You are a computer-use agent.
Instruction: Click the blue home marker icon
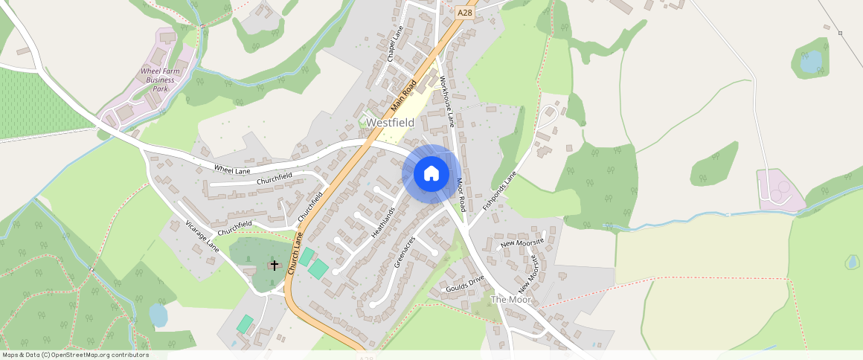(431, 173)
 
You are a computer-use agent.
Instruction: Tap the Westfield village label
(391, 122)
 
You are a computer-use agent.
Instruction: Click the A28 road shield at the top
(465, 13)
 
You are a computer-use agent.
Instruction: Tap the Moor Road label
(461, 195)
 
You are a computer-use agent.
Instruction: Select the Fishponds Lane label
(498, 191)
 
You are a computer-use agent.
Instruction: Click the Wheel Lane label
(232, 170)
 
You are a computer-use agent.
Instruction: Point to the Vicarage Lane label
(202, 235)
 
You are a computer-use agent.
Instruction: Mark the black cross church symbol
(274, 265)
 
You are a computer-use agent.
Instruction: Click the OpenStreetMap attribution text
(74, 355)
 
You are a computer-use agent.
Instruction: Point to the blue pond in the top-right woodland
(811, 61)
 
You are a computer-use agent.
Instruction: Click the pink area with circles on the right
(779, 190)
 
